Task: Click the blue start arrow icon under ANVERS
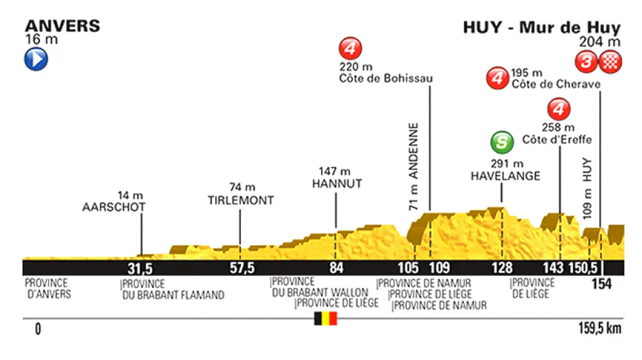36,60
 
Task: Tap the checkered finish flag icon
609,61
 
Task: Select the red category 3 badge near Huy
587,61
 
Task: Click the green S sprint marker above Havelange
501,142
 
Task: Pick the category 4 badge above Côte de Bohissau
350,48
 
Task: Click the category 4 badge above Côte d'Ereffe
558,110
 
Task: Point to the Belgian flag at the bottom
325,319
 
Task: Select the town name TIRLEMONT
241,201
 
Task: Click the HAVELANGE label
505,176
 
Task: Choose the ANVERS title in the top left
62,26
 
